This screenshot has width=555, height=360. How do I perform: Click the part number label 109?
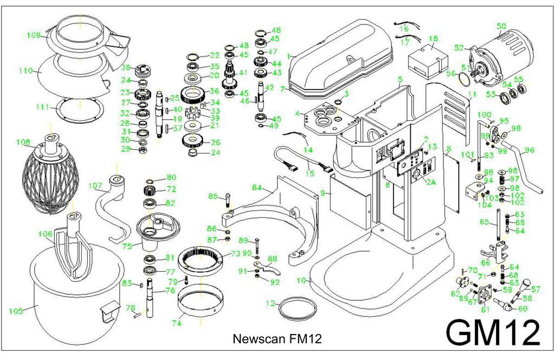[x=34, y=35]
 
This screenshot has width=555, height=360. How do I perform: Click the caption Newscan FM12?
[x=277, y=339]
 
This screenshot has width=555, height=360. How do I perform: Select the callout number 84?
[x=256, y=188]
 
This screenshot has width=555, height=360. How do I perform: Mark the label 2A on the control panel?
[x=430, y=183]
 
